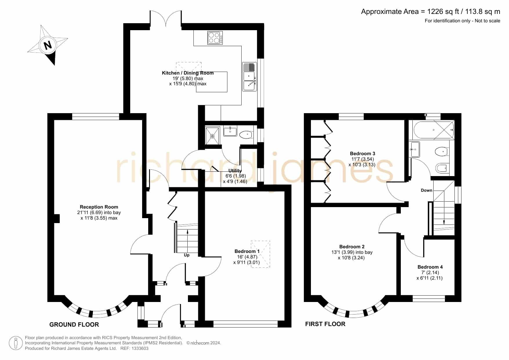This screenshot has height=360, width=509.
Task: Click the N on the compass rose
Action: pyautogui.click(x=48, y=45)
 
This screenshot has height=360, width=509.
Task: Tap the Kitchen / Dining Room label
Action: pyautogui.click(x=188, y=73)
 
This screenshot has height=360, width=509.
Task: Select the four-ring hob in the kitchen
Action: pyautogui.click(x=215, y=38)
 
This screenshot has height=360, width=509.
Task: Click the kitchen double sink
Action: pyautogui.click(x=249, y=77)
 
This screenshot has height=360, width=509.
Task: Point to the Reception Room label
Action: pyautogui.click(x=99, y=207)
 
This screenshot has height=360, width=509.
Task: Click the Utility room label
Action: pyautogui.click(x=235, y=171)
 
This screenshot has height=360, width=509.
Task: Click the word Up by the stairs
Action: pyautogui.click(x=187, y=255)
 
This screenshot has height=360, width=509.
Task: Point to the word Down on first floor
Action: pyautogui.click(x=427, y=190)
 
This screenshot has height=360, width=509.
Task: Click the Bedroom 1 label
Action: pyautogui.click(x=247, y=251)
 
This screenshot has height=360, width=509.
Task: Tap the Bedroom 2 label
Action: pyautogui.click(x=352, y=247)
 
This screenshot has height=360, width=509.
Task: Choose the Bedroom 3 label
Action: pyautogui.click(x=363, y=153)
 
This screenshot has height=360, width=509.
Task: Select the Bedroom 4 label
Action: pyautogui.click(x=430, y=267)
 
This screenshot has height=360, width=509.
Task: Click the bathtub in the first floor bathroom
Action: pyautogui.click(x=434, y=130)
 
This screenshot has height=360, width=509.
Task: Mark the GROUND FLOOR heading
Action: pyautogui.click(x=74, y=325)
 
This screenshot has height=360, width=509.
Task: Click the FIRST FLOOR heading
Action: pyautogui.click(x=325, y=324)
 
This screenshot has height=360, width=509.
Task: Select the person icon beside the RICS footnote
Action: pyautogui.click(x=16, y=343)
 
